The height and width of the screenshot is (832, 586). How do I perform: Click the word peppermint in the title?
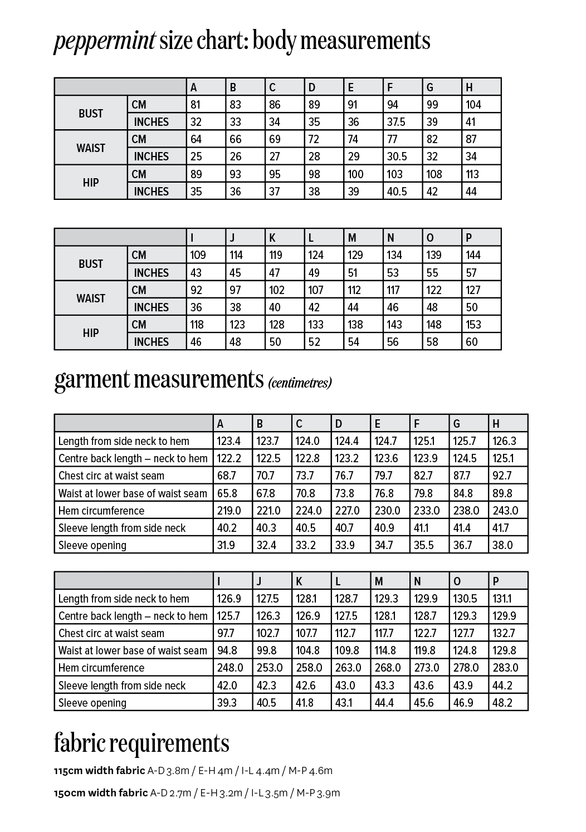coord(104,42)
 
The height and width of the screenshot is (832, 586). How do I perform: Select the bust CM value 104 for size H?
coord(473,105)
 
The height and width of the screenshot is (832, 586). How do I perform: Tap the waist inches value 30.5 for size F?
coord(397,156)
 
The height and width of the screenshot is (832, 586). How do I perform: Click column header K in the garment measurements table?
coord(299,581)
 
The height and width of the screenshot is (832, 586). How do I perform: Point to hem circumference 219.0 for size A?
coord(229,511)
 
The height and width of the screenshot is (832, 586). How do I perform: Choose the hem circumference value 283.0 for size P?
coord(505,668)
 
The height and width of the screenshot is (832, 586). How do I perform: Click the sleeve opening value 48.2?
coord(502,703)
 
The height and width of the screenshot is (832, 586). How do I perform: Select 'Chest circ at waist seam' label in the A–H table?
coord(111,476)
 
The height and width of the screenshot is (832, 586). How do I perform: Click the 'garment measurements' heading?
coord(159,379)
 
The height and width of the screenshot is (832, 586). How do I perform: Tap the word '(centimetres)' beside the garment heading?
coord(300,383)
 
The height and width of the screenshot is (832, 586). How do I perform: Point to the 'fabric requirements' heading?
coord(141,743)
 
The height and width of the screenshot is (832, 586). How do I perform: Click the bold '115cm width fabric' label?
coord(99,771)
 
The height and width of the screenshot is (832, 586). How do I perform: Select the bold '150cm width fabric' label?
coord(101,793)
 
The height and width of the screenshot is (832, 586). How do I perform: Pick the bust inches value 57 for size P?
coord(471,273)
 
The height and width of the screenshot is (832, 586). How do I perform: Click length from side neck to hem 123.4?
coord(229,441)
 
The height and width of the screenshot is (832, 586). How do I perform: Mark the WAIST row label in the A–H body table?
coord(91,148)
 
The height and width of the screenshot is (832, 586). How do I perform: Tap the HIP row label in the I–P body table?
coord(91,333)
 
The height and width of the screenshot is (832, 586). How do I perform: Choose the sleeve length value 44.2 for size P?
coord(502,686)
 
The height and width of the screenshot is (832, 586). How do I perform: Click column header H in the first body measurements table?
coord(469,87)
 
